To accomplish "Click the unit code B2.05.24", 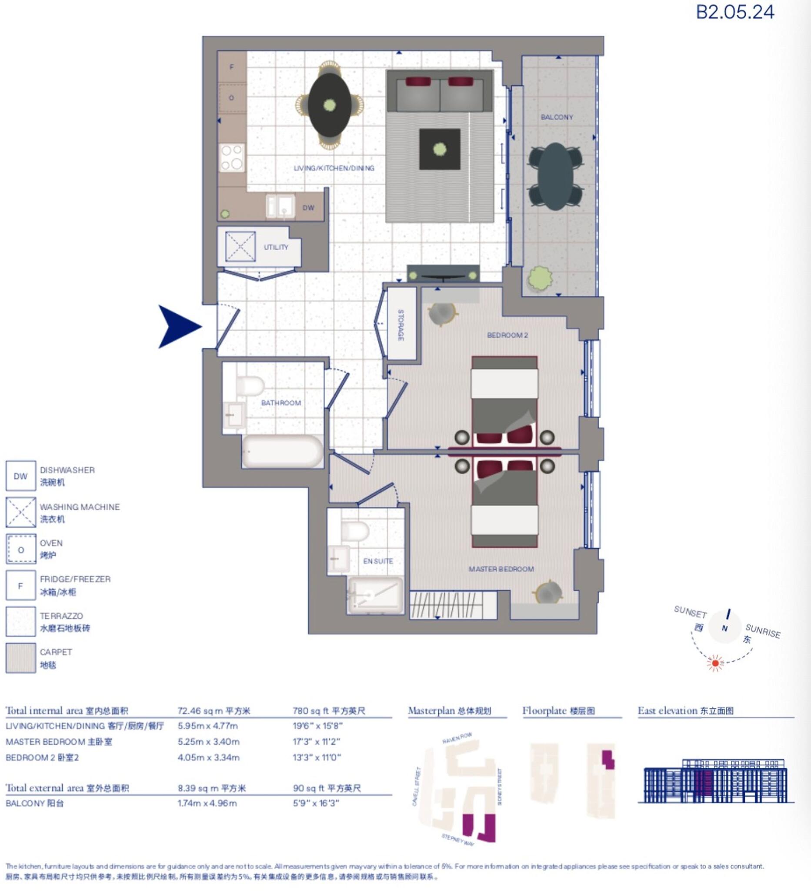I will (x=734, y=12).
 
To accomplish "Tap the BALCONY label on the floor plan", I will (x=556, y=117).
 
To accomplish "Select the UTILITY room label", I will (x=276, y=247).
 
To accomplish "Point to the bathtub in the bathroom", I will (x=282, y=451).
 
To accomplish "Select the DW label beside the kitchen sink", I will (x=308, y=207).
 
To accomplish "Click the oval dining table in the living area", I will (x=329, y=105).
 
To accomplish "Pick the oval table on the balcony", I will (x=555, y=176).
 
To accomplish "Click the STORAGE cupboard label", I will (x=400, y=325).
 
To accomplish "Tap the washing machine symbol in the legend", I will (x=20, y=512).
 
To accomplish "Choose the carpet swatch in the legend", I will (x=20, y=658).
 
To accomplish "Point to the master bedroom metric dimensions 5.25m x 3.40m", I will (x=208, y=742).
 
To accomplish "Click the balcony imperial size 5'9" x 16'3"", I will (x=316, y=803).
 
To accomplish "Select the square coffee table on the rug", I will (x=439, y=149).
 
